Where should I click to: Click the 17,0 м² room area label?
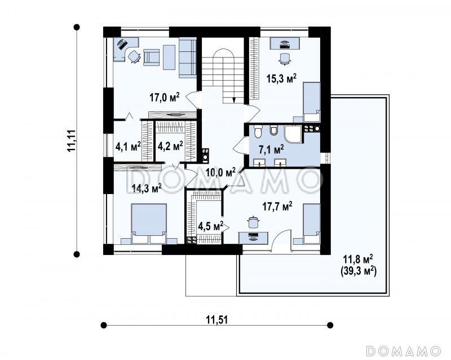click(164, 97)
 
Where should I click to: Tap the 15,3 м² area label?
click(281, 78)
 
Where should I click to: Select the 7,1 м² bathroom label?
click(271, 149)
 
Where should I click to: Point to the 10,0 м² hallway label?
click(220, 172)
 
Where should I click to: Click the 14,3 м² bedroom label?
click(147, 188)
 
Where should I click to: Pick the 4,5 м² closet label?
click(211, 226)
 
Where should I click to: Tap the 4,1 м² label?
click(128, 146)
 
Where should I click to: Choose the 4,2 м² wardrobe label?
click(170, 146)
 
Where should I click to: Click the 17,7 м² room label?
click(277, 206)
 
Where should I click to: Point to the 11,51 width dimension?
click(217, 320)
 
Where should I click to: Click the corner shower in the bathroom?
click(293, 134)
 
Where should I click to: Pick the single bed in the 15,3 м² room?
click(312, 102)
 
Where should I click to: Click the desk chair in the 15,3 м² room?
click(285, 59)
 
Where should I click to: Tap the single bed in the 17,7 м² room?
click(312, 224)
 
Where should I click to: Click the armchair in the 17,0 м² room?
click(151, 57)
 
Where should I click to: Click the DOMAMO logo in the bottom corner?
click(403, 350)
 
